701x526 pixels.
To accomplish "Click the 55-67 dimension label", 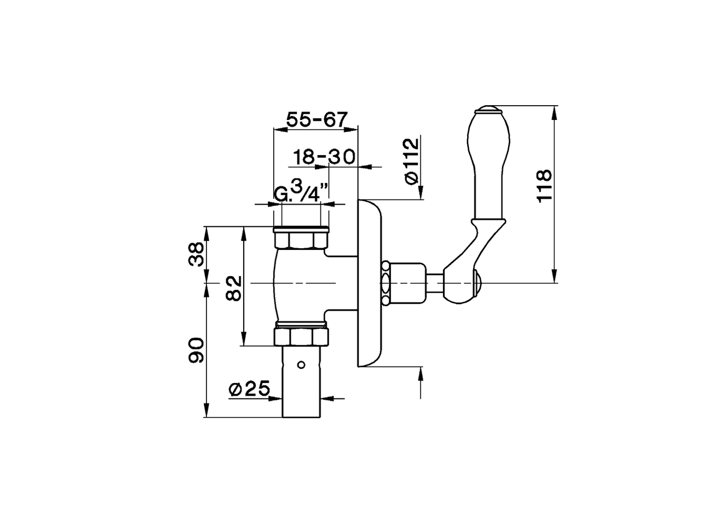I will tap(317, 119).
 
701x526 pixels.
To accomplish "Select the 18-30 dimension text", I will tap(323, 157).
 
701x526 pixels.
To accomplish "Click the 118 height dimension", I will tap(544, 186).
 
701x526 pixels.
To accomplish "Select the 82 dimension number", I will tap(234, 287).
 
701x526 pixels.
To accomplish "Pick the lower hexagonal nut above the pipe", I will tap(301, 336).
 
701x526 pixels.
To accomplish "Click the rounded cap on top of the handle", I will tap(489, 110).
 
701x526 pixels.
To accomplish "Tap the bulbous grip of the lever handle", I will tap(489, 164).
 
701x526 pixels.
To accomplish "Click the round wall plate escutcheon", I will tap(370, 283).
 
